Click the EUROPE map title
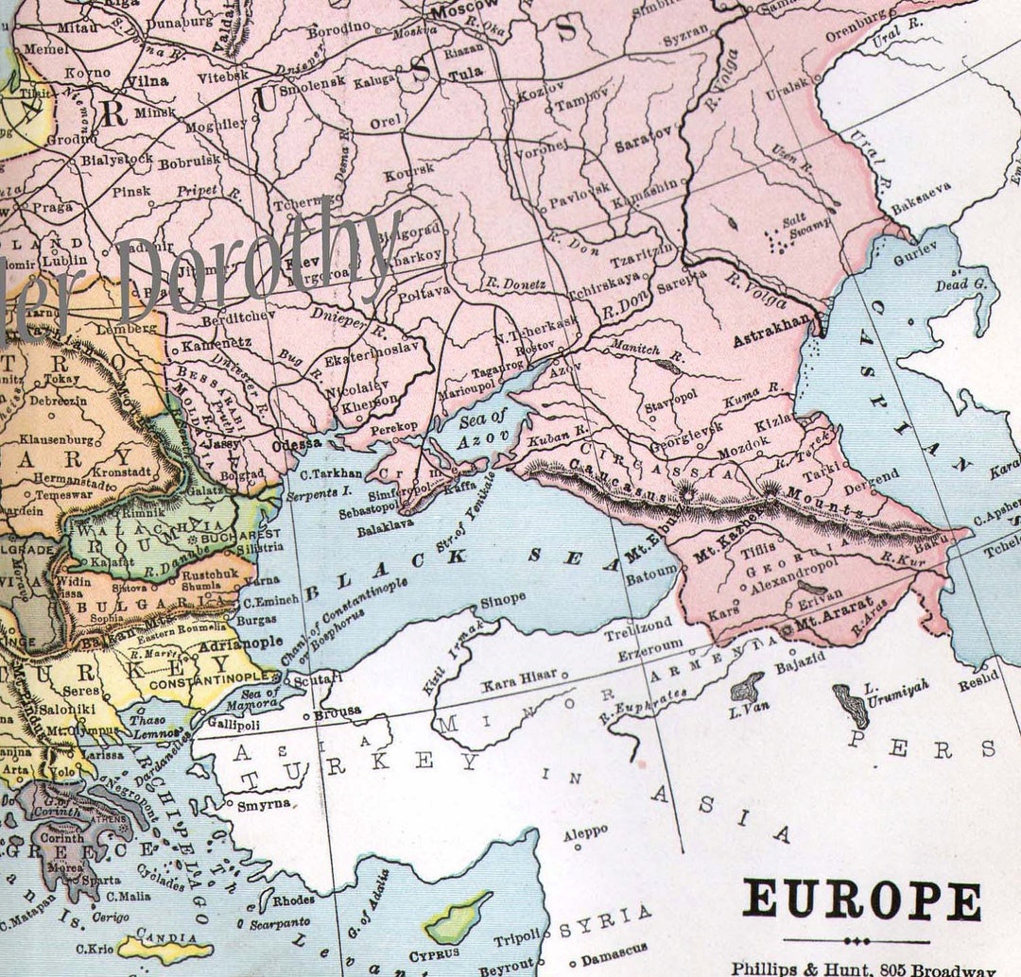click(861, 899)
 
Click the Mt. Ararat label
click(822, 625)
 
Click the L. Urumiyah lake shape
click(850, 704)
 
